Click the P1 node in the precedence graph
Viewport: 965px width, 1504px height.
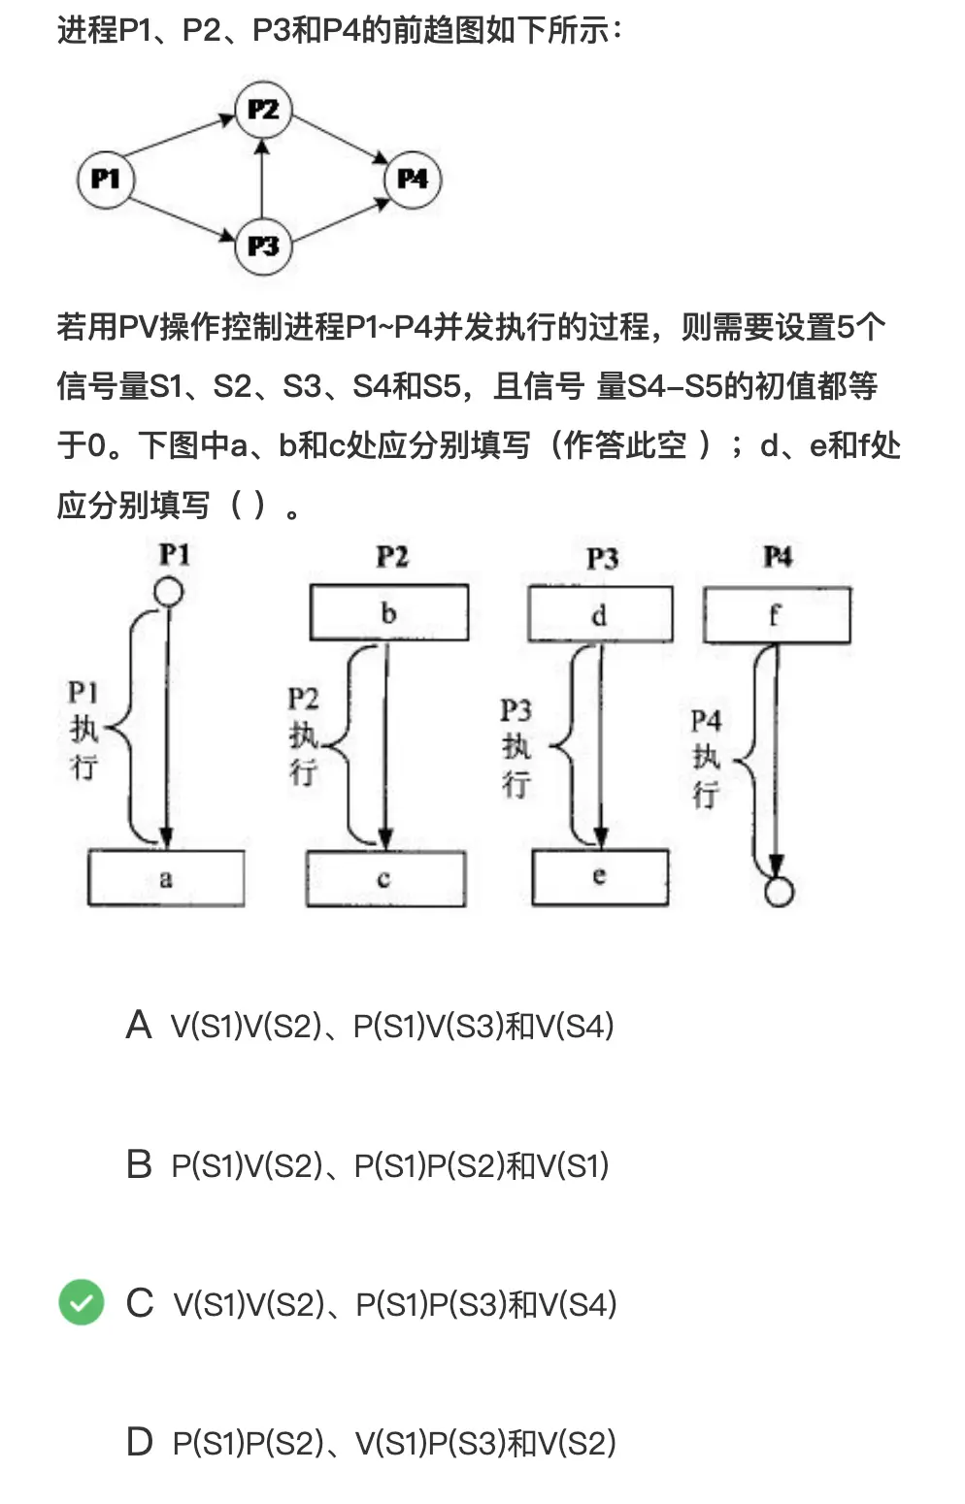105,180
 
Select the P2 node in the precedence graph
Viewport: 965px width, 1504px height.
263,110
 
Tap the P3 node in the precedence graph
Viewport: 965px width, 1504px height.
263,246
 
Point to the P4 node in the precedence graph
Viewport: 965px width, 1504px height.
413,180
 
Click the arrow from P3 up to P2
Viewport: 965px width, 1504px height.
262,184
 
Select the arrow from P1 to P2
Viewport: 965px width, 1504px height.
181,137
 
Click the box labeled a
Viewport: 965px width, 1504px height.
166,878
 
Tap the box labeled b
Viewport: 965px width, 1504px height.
388,612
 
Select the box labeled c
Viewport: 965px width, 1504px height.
385,879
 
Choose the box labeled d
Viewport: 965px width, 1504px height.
600,614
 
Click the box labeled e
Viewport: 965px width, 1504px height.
600,877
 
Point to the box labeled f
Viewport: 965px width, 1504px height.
777,615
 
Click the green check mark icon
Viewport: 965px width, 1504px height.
82,1302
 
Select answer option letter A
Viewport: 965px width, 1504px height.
139,1026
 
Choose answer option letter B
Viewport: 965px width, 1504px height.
139,1164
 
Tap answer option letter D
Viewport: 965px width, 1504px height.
139,1443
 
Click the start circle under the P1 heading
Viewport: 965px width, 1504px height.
169,591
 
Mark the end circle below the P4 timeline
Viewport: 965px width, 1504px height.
779,892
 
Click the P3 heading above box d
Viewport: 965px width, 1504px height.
602,558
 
